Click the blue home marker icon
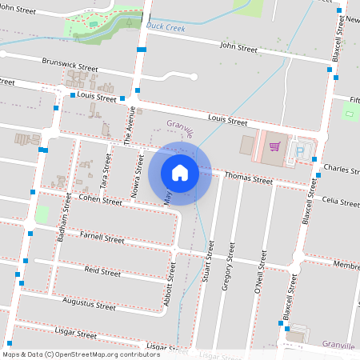180,172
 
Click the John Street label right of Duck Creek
238,48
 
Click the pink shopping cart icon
275,146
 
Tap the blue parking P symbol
302,150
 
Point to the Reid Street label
102,272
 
